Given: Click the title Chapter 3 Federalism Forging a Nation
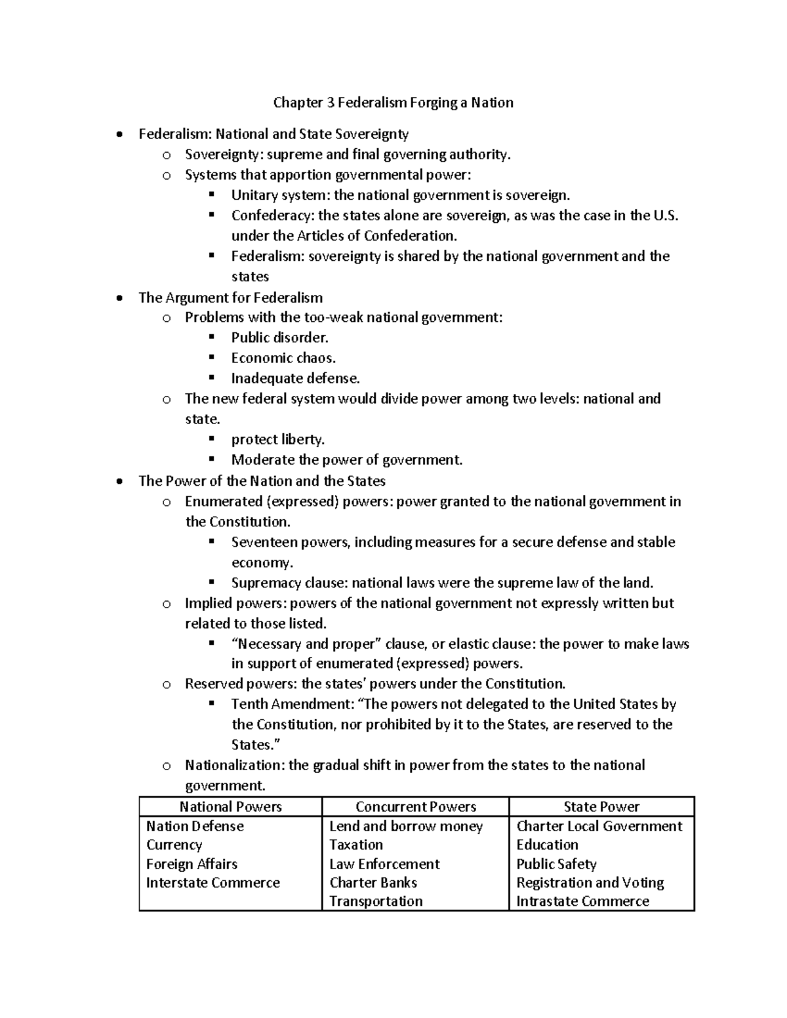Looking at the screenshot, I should point(393,102).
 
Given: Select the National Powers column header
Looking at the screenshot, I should point(230,807).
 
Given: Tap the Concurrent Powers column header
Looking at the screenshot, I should point(415,807).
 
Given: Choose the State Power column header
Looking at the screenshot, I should point(601,807).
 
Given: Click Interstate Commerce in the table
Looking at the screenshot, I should point(212,882).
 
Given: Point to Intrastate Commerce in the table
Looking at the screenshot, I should point(582,901).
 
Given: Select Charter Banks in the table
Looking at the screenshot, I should point(373,882).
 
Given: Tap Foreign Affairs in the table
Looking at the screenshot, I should point(192,864).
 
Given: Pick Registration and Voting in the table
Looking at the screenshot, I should point(590,882).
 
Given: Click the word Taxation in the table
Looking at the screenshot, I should point(355,845).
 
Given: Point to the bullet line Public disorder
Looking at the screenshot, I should point(279,338).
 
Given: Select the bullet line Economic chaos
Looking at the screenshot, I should point(283,358).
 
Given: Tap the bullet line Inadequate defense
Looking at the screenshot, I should point(295,378).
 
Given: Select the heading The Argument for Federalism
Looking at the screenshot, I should point(230,298).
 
